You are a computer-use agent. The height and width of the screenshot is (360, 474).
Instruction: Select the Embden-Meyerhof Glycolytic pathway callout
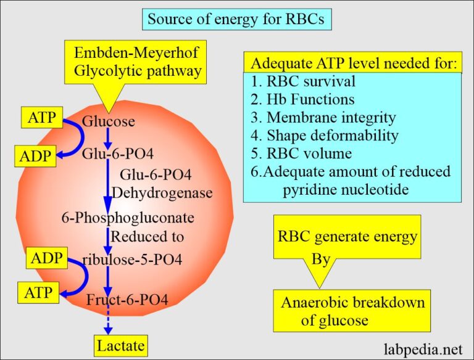[137, 62]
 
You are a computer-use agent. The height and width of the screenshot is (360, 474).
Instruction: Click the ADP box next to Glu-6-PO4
[35, 157]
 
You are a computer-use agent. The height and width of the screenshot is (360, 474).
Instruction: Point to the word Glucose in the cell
[108, 121]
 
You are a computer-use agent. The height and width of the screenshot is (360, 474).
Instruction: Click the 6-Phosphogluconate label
[128, 218]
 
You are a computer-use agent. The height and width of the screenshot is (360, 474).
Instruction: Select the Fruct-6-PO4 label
[127, 300]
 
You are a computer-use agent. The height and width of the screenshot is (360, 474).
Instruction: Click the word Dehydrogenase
[166, 193]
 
